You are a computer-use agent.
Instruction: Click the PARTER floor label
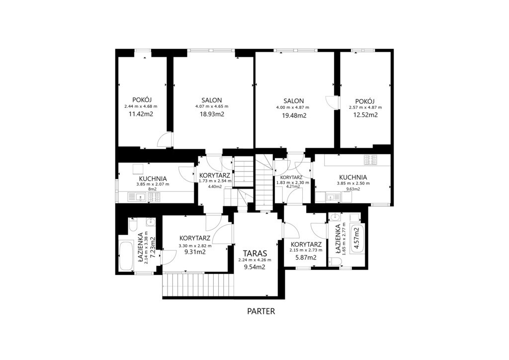point(261,311)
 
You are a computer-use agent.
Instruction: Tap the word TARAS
point(255,253)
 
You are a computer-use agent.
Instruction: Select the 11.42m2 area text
point(141,114)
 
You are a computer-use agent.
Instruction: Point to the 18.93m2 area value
point(212,114)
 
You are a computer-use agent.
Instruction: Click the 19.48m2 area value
point(294,115)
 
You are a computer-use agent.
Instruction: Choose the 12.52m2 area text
point(365,114)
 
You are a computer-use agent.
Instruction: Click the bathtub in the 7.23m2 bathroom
point(126,256)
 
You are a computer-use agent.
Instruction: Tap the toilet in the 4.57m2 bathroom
point(334,262)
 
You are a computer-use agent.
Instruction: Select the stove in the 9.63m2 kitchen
point(370,159)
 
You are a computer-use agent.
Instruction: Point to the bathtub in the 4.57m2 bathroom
point(357,239)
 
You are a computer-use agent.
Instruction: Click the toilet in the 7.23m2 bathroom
point(133,224)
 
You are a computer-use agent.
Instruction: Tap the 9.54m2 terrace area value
point(255,267)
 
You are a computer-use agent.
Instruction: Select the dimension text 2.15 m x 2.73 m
point(306,250)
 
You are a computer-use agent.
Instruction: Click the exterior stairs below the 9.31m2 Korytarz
point(198,284)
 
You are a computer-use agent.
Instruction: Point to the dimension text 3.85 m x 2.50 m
point(353,183)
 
